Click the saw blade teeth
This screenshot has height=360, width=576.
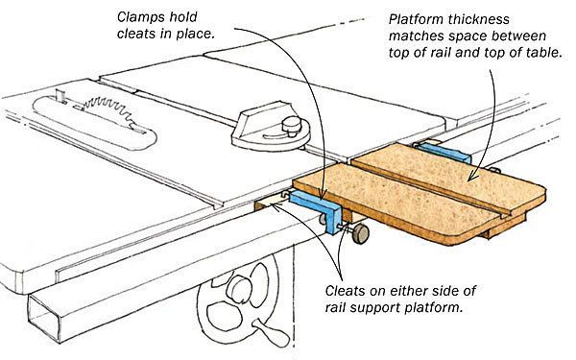pos(107,109)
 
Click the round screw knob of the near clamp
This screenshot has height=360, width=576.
pos(361,233)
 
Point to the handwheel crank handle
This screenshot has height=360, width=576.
pos(271,332)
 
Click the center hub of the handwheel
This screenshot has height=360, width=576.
pos(239,289)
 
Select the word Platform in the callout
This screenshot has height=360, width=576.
pos(415,19)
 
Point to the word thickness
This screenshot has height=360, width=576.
pos(477,19)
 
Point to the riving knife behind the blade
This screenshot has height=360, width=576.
pos(61,96)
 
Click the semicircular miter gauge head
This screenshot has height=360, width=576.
pos(271,128)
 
